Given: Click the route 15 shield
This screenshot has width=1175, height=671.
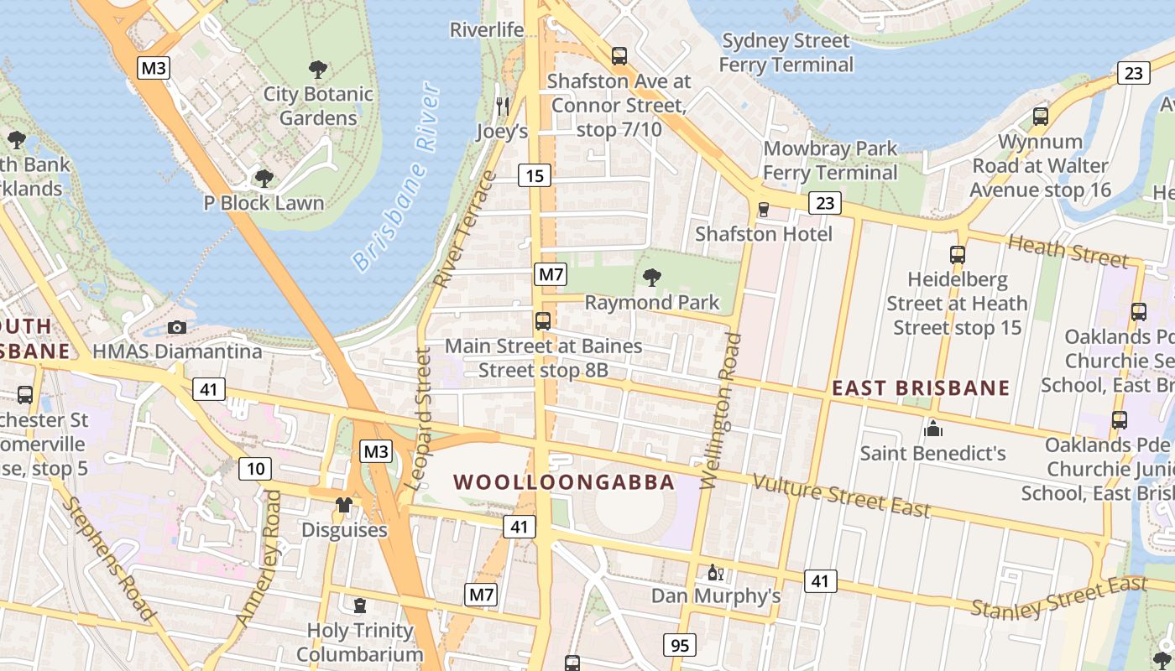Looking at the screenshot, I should [535, 175].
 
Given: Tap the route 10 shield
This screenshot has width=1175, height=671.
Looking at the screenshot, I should [254, 469].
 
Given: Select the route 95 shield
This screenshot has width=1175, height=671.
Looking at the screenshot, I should [679, 645].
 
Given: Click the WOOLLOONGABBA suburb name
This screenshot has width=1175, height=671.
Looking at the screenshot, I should [564, 482].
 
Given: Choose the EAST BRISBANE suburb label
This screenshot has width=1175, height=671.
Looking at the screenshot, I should [921, 388].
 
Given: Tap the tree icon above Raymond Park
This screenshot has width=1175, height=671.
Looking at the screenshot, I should [651, 278].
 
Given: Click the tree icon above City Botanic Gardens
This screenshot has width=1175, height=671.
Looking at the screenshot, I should [318, 70].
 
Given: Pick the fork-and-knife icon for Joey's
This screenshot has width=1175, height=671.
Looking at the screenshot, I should [503, 106].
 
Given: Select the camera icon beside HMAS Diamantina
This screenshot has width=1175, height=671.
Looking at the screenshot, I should [177, 327].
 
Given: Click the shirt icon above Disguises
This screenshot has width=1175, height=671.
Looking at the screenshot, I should [344, 504].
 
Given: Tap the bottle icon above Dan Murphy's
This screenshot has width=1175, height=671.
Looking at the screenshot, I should [715, 573].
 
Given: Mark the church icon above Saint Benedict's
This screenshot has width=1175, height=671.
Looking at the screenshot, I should [932, 429].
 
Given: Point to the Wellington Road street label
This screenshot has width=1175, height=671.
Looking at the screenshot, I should [721, 410].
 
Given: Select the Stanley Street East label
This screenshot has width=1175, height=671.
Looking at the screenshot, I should [1058, 597].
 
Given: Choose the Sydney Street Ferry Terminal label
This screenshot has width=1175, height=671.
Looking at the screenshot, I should [786, 53].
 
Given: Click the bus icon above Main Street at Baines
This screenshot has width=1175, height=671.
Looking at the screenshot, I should [543, 320].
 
